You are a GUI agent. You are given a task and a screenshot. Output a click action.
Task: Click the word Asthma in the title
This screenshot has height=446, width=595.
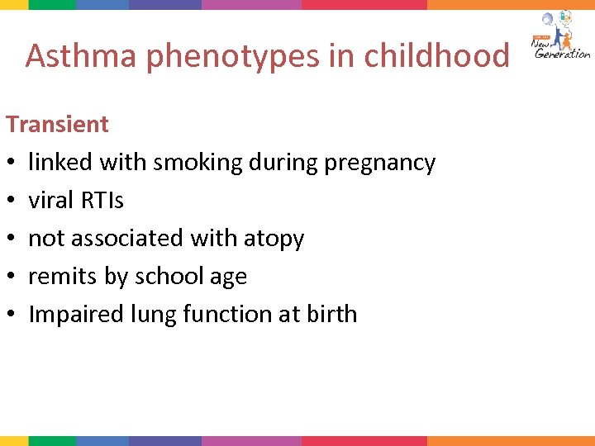click(x=74, y=56)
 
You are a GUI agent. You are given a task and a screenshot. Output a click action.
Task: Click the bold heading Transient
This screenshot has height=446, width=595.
click(x=57, y=124)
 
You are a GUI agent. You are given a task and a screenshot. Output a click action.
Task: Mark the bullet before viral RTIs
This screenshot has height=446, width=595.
click(x=12, y=201)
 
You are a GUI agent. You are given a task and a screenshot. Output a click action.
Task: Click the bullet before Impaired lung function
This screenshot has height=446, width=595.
click(x=12, y=315)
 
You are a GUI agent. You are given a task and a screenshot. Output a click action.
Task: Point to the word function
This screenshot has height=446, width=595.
click(x=228, y=314)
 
